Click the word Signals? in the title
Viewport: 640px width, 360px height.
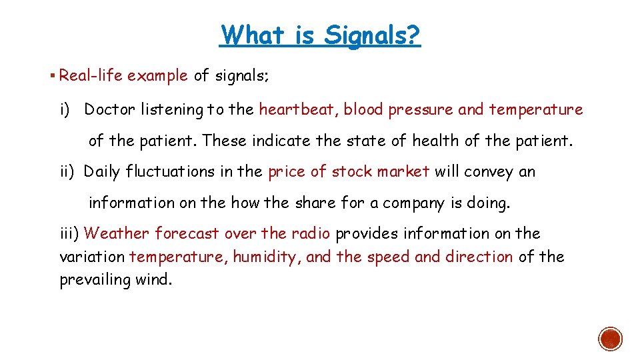(372, 35)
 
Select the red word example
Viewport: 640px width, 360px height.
(157, 75)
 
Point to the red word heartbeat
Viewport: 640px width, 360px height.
(299, 109)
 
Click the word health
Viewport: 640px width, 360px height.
(434, 141)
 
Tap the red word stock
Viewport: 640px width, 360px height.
(352, 172)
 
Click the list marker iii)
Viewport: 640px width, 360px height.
(69, 233)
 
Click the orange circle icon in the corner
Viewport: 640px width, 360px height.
(611, 338)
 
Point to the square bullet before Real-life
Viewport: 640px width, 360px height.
(52, 75)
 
